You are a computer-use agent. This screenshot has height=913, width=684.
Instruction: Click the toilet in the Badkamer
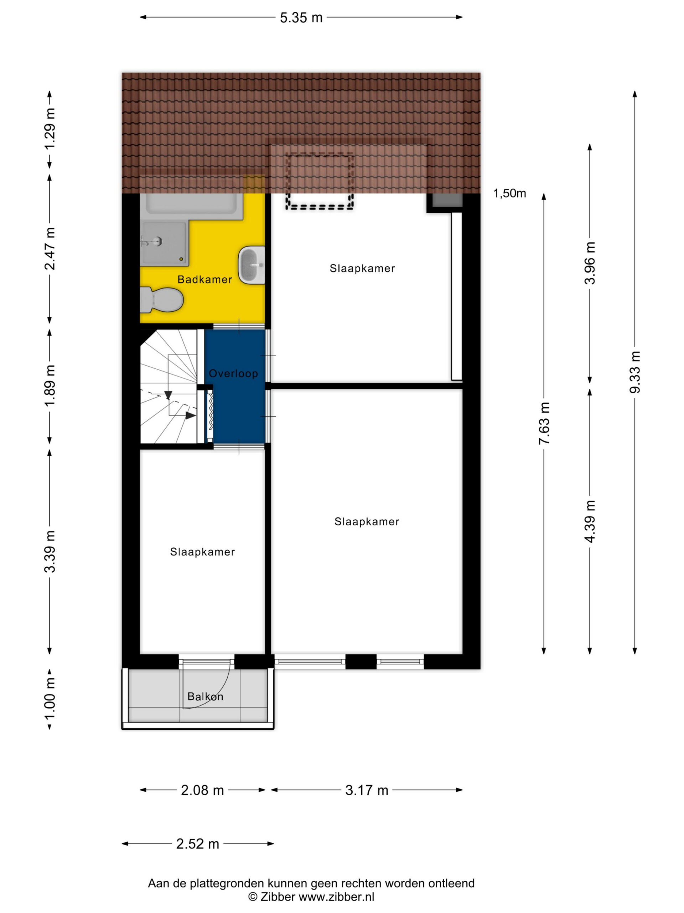pos(161,300)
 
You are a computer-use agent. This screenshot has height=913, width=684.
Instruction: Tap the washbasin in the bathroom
pos(252,265)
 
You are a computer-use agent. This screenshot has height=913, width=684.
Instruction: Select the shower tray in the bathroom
pos(164,244)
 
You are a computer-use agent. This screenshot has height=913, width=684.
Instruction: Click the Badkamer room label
pos(204,280)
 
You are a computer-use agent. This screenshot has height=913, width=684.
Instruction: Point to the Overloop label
pos(233,373)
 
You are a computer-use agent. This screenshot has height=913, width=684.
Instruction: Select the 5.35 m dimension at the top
pos(301,18)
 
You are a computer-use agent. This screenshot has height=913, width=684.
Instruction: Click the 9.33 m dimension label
pos(635,372)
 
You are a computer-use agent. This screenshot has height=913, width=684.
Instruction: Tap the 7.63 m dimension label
pos(544,423)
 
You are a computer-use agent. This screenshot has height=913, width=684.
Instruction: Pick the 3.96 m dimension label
pos(590,263)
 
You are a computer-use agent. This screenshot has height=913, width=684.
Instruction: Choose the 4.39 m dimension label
pos(590,521)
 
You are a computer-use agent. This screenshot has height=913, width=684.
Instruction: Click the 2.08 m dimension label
pos(202,790)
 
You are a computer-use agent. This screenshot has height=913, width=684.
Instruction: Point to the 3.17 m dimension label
pos(367,790)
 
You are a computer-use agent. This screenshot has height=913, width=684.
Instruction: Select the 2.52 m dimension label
pos(197,844)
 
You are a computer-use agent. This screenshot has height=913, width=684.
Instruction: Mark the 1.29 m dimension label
pos(50,129)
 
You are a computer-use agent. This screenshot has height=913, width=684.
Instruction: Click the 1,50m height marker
pos(509,193)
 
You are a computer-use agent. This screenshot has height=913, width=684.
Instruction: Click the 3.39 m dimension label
pos(50,552)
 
